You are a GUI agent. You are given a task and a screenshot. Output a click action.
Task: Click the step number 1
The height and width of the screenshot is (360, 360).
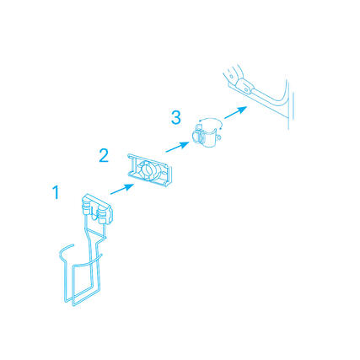coord(56,192)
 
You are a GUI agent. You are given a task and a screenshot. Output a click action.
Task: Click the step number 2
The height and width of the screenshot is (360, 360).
coord(104,155)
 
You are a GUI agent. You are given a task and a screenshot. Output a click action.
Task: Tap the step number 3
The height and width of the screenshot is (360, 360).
coord(176,117)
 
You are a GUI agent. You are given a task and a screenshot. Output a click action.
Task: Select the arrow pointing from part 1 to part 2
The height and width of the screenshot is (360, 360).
coord(122,189)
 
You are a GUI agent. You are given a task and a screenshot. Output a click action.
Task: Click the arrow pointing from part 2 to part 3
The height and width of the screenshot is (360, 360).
coord(177,147)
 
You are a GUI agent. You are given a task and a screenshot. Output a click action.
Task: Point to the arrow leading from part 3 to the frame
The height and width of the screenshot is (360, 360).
coord(235,112)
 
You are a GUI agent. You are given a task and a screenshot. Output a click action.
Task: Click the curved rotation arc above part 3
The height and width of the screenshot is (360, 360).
coord(210,121)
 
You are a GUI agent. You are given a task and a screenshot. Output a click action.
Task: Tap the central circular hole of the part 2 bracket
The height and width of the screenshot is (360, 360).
coord(147,169)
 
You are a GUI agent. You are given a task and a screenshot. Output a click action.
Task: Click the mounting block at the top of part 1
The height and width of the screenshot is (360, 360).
coord(97,209)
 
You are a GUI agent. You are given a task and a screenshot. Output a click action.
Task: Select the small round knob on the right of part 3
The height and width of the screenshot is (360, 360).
coord(219,138)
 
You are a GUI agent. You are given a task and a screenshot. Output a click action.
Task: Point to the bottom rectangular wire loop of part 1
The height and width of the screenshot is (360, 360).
coord(86,284)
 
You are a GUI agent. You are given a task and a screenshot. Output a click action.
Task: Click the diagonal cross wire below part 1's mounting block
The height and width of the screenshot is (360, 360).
coord(97,234)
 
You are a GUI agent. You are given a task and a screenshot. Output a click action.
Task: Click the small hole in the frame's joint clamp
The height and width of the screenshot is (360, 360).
coord(246,89)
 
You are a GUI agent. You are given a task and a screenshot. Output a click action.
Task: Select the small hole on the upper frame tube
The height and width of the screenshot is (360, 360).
coord(231,76)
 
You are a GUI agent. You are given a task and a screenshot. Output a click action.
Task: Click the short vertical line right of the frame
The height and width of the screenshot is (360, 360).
coord(293,107)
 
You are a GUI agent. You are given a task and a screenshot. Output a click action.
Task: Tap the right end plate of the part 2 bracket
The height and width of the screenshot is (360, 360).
coord(169,176)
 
